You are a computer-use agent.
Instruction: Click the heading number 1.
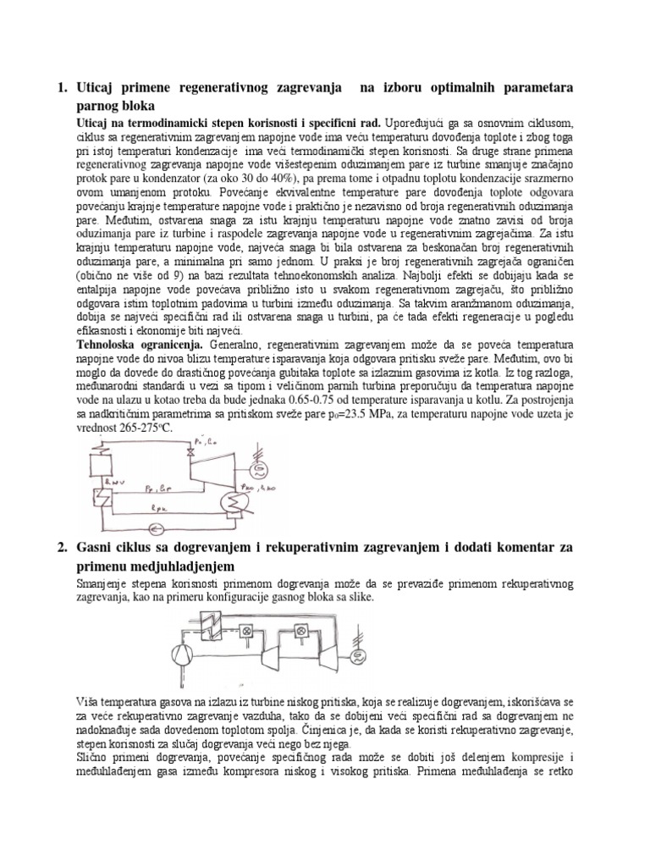click(60, 87)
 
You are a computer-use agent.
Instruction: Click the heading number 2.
click(60, 548)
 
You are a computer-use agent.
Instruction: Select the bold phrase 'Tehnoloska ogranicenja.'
click(135, 346)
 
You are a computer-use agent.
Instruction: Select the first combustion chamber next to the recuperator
click(250, 631)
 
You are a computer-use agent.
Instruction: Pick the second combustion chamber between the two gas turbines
click(299, 632)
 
